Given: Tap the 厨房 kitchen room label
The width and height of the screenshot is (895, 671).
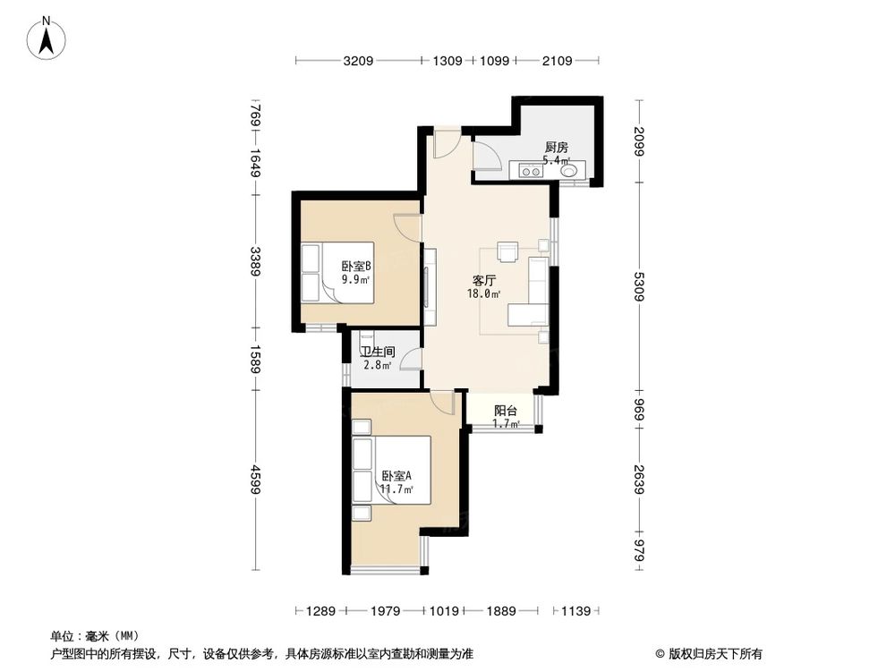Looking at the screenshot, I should pyautogui.click(x=556, y=148).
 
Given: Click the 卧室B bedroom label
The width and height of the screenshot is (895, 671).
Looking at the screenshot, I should pyautogui.click(x=355, y=266).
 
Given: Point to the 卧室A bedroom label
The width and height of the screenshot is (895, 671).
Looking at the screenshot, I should pyautogui.click(x=396, y=476).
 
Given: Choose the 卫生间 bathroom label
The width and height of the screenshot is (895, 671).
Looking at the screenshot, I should pyautogui.click(x=377, y=352).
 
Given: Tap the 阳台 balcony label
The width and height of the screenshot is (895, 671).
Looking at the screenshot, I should pyautogui.click(x=506, y=411).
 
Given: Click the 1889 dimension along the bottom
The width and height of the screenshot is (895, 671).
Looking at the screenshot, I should pyautogui.click(x=501, y=611).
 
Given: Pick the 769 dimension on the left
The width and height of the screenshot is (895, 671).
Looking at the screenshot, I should pyautogui.click(x=255, y=115).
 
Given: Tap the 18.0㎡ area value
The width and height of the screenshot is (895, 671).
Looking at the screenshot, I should pyautogui.click(x=484, y=293).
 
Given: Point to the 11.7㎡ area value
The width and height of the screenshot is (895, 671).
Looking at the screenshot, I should pyautogui.click(x=396, y=489).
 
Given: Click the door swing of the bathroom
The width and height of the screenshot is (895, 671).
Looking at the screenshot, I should pyautogui.click(x=412, y=359).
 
